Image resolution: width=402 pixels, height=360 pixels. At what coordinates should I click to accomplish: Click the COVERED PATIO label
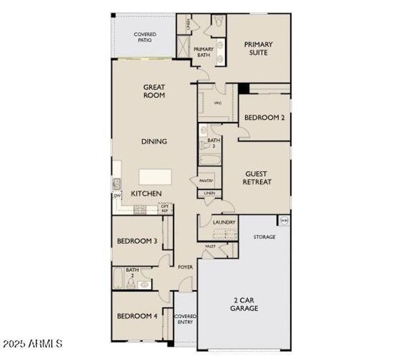pyautogui.click(x=145, y=37)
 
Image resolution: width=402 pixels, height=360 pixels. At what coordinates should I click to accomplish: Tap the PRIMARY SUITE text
pyautogui.click(x=259, y=48)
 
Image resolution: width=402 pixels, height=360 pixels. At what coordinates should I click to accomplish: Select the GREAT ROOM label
pyautogui.click(x=154, y=91)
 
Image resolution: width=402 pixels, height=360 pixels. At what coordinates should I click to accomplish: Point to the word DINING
pyautogui.click(x=154, y=142)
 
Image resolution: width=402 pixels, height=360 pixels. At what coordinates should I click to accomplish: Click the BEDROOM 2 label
pyautogui.click(x=265, y=118)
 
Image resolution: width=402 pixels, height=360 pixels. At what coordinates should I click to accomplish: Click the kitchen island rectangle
pyautogui.click(x=155, y=177)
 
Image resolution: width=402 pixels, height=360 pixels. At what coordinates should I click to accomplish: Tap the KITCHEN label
pyautogui.click(x=146, y=194)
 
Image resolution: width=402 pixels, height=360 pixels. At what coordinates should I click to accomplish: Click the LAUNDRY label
pyautogui.click(x=224, y=222)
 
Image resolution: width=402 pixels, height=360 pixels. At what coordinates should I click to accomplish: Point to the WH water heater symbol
pyautogui.click(x=284, y=220)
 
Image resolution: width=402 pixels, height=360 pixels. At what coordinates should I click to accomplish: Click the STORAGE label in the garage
pyautogui.click(x=264, y=237)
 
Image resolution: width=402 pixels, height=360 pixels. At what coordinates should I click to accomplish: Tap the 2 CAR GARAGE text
pyautogui.click(x=244, y=304)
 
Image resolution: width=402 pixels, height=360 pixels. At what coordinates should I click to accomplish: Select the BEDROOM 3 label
pyautogui.click(x=137, y=241)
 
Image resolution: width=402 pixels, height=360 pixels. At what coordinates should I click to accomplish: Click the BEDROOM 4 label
pyautogui.click(x=137, y=316)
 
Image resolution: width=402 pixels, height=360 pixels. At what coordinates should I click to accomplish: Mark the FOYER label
pyautogui.click(x=185, y=267)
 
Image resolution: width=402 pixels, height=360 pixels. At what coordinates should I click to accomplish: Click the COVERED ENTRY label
pyautogui.click(x=184, y=319)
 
